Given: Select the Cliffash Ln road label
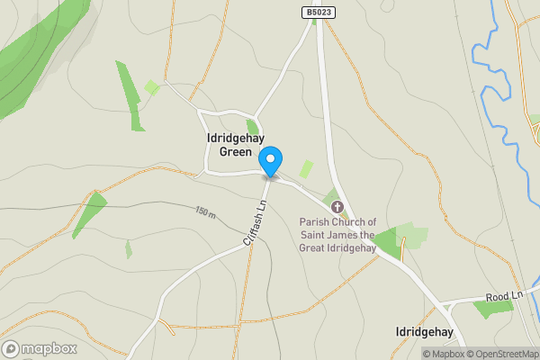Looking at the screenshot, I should click(256, 223).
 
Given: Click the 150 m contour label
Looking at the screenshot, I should click(205, 212).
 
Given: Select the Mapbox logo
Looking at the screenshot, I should click(40, 349).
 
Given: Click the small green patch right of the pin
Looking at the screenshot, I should click(306, 168).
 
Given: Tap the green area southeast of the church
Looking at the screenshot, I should click(389, 241).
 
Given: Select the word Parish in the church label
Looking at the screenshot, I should click(315, 222).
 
